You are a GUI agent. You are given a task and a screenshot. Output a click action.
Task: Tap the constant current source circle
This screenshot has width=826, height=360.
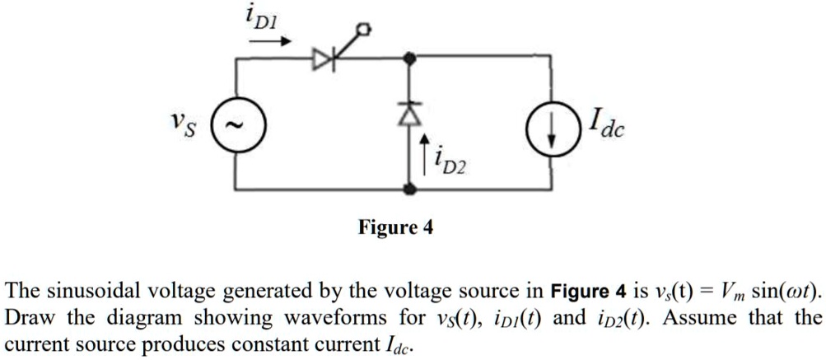tap(552, 131)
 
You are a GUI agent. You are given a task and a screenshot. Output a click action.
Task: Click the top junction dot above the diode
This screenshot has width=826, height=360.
tap(410, 58)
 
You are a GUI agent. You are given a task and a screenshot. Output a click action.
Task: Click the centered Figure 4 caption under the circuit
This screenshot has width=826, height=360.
tap(395, 227)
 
